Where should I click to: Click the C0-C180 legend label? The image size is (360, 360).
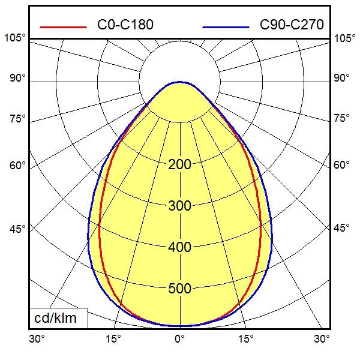pos(125,25)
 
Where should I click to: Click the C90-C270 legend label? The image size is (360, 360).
pos(292,25)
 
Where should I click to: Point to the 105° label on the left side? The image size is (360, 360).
pos(16,38)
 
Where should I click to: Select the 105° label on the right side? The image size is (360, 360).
pos(344,38)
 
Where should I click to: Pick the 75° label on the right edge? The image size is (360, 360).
pos(342,118)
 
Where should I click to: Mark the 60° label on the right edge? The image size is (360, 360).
pos(342,165)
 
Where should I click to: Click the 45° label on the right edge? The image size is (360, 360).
pos(342,229)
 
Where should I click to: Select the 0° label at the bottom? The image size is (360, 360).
pos(179,339)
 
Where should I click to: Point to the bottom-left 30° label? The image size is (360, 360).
pos(37,339)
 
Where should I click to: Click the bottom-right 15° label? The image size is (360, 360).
pos(247,339)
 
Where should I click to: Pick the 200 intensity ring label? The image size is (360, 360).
pos(179,165)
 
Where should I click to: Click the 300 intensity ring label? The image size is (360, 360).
pos(179,206)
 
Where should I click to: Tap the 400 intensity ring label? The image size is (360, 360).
pos(179,248)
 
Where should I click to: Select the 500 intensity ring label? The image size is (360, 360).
pos(179,289)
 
